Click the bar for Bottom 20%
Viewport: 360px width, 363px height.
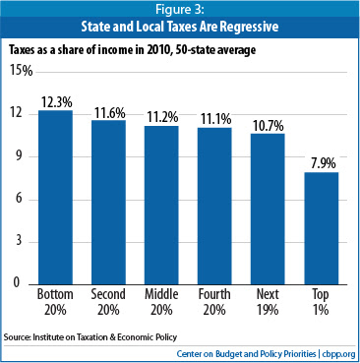coord(55,197)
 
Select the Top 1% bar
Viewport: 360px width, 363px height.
coord(322,228)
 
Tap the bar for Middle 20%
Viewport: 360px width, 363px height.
coord(161,205)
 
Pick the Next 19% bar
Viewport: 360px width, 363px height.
coord(268,209)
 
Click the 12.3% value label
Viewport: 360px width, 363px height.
coord(57,102)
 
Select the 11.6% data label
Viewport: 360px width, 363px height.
coord(110,113)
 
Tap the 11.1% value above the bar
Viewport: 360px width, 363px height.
coord(215,120)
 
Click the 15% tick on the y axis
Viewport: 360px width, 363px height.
coord(22,71)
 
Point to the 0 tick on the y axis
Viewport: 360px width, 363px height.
coord(17,282)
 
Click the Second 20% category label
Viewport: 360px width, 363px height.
coord(108,302)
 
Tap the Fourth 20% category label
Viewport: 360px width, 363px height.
coord(214,302)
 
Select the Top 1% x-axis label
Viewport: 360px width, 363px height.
coord(321,302)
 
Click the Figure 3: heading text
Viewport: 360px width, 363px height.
coord(180,10)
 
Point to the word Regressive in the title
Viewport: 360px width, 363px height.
coord(249,27)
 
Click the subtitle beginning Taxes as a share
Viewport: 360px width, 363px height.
coord(132,50)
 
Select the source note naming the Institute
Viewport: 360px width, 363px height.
coord(90,337)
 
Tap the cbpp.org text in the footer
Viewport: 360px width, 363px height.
coord(338,354)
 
